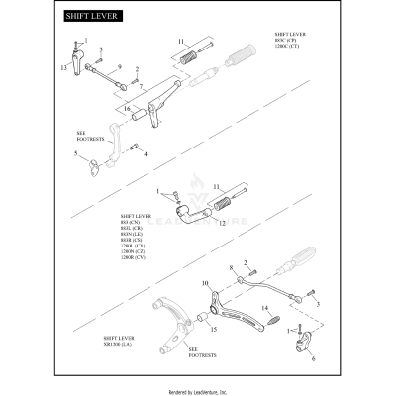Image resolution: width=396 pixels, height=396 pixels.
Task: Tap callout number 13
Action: click(x=62, y=66)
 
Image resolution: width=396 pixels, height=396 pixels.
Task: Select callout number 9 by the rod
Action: click(x=118, y=66)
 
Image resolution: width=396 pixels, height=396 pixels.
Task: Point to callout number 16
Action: click(x=125, y=107)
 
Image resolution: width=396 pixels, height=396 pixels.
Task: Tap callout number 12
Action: click(x=222, y=224)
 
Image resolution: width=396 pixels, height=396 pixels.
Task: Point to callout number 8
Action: click(x=232, y=266)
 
